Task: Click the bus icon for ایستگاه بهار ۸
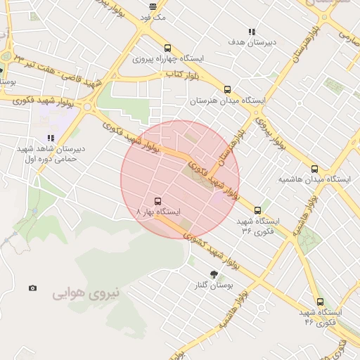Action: click(x=156, y=200)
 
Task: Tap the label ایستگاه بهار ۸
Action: click(x=158, y=212)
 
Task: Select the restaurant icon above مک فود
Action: click(x=153, y=6)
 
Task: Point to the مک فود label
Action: click(x=153, y=17)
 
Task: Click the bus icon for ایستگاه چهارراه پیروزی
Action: click(x=167, y=47)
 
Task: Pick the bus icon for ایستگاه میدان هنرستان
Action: click(x=227, y=89)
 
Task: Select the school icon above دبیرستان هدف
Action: click(x=252, y=32)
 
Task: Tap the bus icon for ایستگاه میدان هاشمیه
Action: click(x=314, y=169)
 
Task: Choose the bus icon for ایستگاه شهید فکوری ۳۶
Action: click(x=257, y=210)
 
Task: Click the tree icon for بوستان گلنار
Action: click(x=213, y=274)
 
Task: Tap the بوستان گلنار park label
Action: click(x=215, y=286)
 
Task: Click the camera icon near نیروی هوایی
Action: click(x=32, y=288)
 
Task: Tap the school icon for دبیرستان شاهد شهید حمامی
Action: click(x=50, y=138)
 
